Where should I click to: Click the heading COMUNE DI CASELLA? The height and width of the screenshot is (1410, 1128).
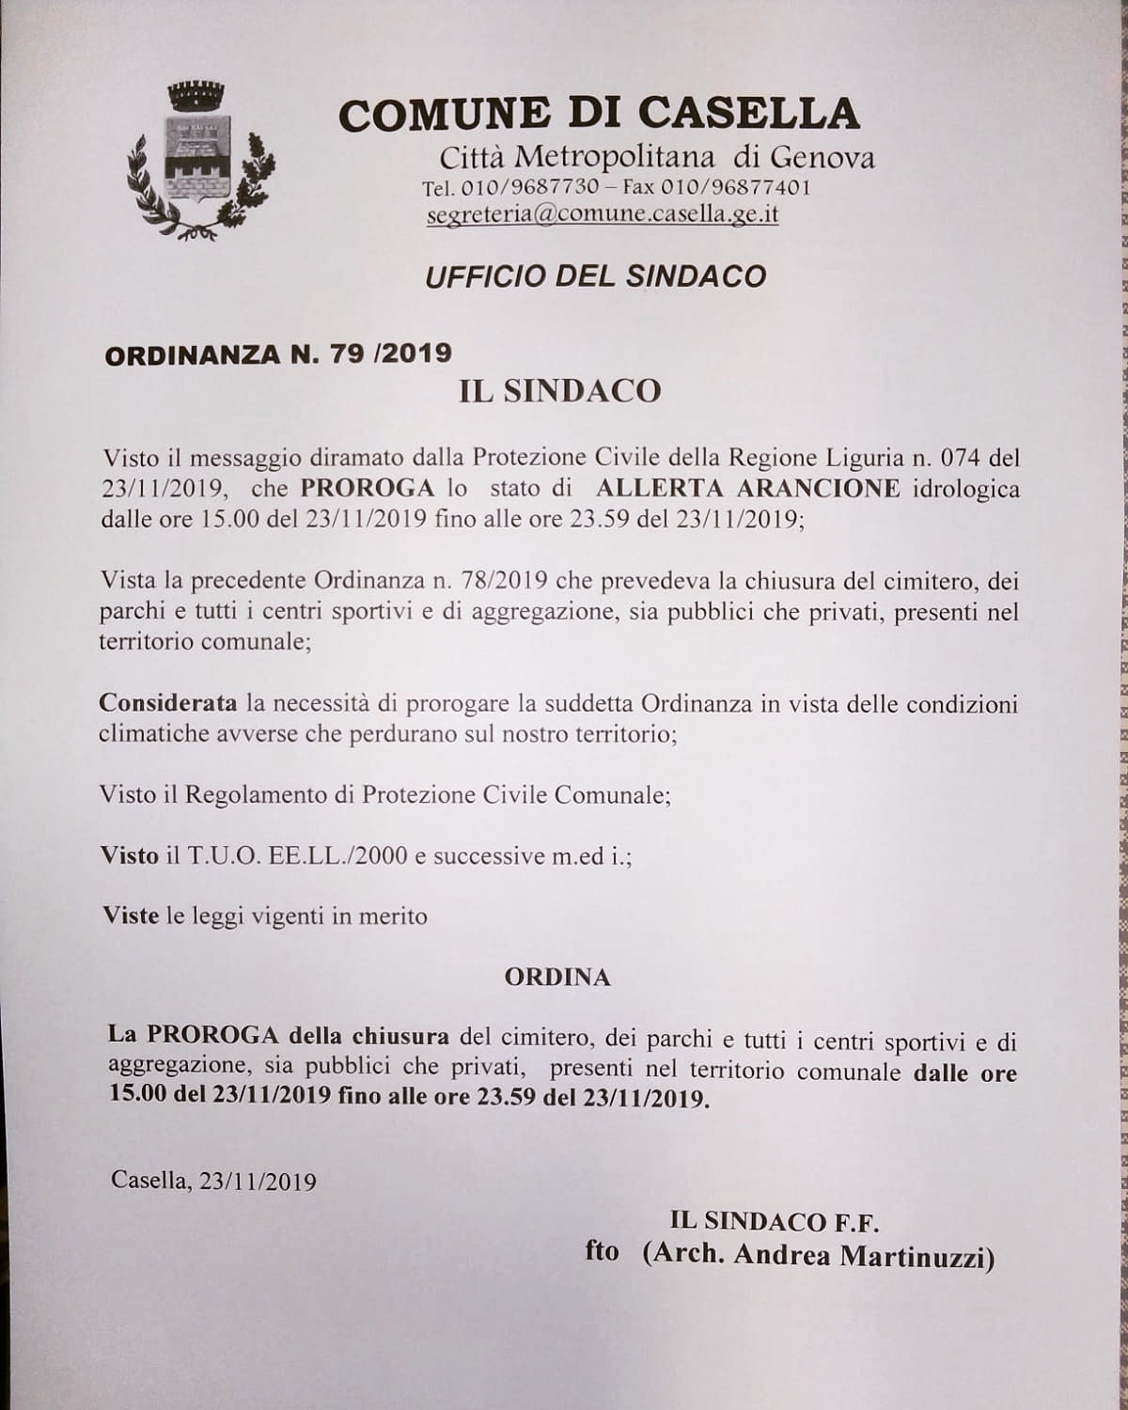pyautogui.click(x=599, y=114)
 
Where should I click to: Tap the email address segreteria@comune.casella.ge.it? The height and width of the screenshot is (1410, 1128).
pyautogui.click(x=602, y=214)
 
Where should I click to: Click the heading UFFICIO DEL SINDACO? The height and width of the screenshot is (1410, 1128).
pyautogui.click(x=595, y=276)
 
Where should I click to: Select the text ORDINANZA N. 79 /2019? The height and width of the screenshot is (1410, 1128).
pyautogui.click(x=278, y=353)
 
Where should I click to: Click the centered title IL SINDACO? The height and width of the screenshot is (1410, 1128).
pyautogui.click(x=559, y=391)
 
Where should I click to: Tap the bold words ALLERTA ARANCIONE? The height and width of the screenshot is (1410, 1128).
pyautogui.click(x=747, y=489)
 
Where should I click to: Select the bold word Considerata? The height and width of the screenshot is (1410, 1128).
pyautogui.click(x=168, y=704)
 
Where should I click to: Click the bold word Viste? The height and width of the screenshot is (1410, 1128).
pyautogui.click(x=131, y=916)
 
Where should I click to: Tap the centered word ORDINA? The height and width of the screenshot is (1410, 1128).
pyautogui.click(x=557, y=978)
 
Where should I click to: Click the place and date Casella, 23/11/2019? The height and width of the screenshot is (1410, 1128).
pyautogui.click(x=213, y=1181)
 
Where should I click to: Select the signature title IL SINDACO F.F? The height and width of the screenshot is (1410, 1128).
pyautogui.click(x=774, y=1221)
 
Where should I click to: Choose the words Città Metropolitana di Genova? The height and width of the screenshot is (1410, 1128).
pyautogui.click(x=657, y=156)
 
